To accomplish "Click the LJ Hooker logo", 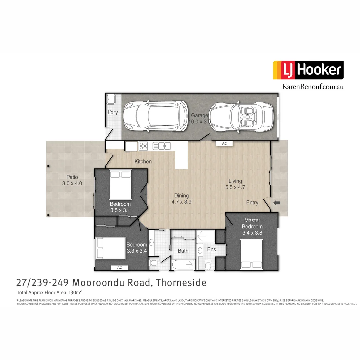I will [308, 70].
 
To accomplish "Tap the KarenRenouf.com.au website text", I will [313, 87].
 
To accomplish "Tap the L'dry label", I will [112, 113].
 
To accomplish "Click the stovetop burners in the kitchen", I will [143, 146].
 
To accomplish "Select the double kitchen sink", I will [161, 146].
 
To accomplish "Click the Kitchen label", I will [143, 162].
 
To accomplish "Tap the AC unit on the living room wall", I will [224, 143].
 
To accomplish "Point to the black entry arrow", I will [277, 203].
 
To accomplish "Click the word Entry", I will [252, 203].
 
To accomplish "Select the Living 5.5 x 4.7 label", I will [235, 184].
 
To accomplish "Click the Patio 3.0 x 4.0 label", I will [72, 180].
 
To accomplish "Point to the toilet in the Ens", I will [208, 264].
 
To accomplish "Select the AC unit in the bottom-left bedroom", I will [120, 268].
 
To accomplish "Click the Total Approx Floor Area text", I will [49, 293].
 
